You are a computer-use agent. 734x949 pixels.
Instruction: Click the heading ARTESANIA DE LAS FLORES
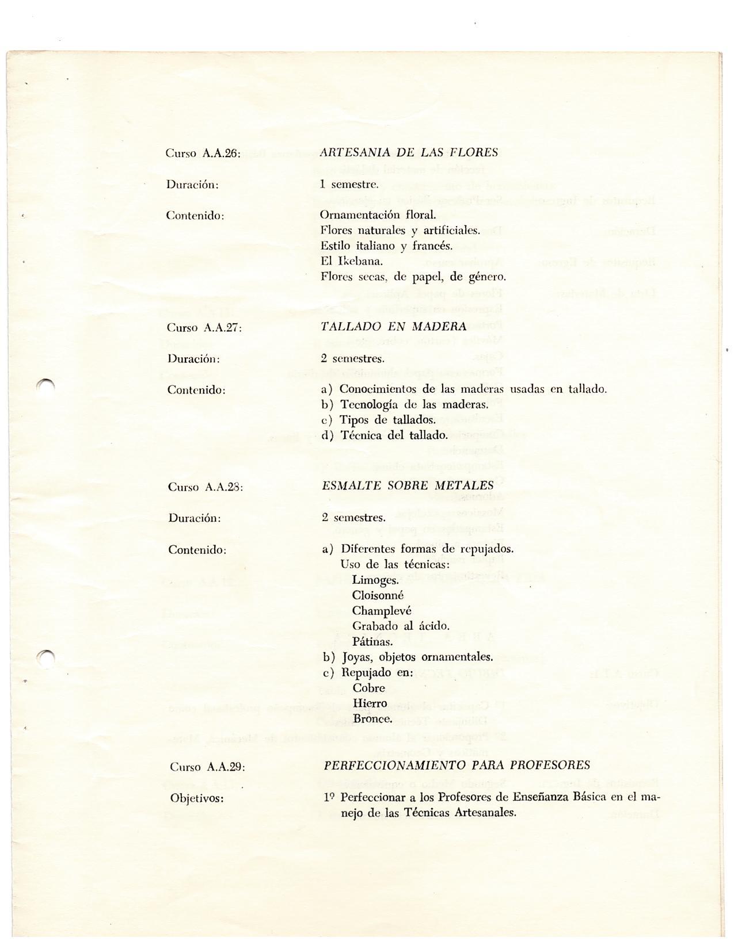click(x=409, y=152)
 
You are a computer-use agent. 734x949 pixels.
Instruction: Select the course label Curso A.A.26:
click(x=202, y=153)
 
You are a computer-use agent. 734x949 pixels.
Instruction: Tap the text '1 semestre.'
click(x=349, y=184)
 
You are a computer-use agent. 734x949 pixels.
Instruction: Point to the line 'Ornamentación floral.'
click(x=378, y=215)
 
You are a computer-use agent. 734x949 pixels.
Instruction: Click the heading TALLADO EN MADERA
click(x=394, y=327)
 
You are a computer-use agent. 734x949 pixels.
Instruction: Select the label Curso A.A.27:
click(x=204, y=327)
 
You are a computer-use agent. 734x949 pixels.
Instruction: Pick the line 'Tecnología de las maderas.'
click(x=414, y=404)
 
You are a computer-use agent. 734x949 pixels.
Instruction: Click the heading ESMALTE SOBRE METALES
click(x=408, y=485)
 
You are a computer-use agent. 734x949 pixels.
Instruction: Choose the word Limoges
click(x=375, y=580)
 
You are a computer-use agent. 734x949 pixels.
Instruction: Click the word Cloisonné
click(x=378, y=595)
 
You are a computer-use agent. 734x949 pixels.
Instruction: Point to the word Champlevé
click(x=382, y=611)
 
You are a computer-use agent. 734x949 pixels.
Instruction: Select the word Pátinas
click(x=372, y=641)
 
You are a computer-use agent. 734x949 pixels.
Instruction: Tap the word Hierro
click(x=369, y=703)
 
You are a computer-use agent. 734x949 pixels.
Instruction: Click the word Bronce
click(x=372, y=719)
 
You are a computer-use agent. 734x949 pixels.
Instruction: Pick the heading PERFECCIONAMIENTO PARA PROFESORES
click(x=457, y=765)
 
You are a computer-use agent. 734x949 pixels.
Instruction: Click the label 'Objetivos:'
click(x=197, y=798)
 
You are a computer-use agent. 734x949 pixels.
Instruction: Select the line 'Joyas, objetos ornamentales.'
click(x=417, y=657)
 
